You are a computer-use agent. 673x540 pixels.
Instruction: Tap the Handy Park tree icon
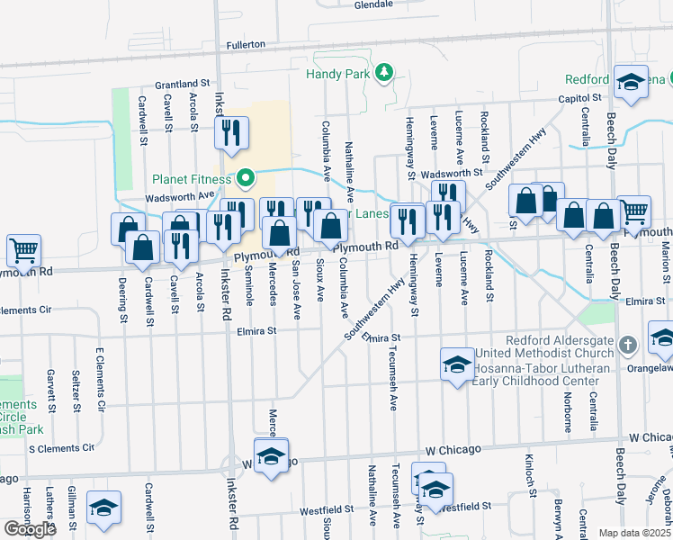click(x=384, y=72)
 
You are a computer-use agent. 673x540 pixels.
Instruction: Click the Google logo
click(x=29, y=529)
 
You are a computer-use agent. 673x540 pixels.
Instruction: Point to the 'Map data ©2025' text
click(x=634, y=533)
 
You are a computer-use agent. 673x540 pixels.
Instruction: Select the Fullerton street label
click(x=246, y=44)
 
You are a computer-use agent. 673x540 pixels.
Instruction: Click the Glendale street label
click(x=373, y=4)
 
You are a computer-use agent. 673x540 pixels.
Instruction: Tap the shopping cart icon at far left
click(x=23, y=249)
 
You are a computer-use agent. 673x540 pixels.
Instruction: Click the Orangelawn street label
click(x=649, y=367)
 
